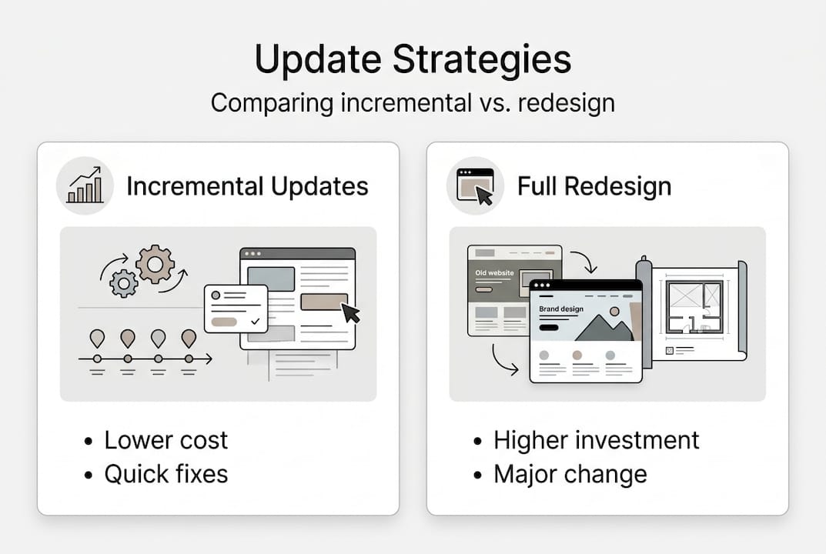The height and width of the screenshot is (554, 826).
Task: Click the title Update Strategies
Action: pos(413,60)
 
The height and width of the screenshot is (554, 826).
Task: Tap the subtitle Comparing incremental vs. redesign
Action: pos(413,103)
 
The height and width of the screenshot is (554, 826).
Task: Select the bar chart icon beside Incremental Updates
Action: pos(85,185)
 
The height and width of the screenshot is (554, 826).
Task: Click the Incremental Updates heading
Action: pos(247,186)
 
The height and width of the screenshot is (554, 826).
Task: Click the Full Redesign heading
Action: pos(594,186)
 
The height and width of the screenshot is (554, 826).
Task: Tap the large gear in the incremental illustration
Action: pos(155,264)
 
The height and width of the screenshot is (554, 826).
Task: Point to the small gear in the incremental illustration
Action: pos(124,283)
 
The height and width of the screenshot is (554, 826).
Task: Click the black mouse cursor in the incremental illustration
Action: pos(351,312)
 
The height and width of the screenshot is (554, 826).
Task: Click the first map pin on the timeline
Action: pos(97,338)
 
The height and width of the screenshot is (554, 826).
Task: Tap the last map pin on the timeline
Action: pos(189,338)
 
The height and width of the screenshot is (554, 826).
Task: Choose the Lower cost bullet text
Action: pos(166,440)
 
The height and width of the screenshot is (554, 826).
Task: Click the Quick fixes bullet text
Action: pos(166,474)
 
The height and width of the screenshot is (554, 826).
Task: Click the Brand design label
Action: pos(561,309)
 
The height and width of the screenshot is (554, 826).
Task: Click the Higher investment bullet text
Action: pos(596,440)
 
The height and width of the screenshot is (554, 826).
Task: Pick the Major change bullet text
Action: pos(570,474)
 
